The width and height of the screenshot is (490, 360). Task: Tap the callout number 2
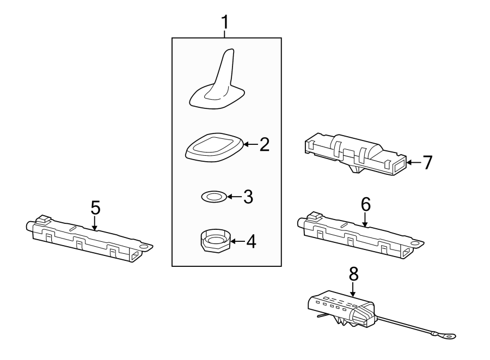(264, 145)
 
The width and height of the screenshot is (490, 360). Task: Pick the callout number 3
(248, 197)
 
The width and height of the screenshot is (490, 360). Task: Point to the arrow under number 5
(95, 223)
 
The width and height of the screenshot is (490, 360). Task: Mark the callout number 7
(427, 162)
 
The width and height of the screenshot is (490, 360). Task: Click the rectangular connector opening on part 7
(400, 163)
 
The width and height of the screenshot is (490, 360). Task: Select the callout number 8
(353, 274)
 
